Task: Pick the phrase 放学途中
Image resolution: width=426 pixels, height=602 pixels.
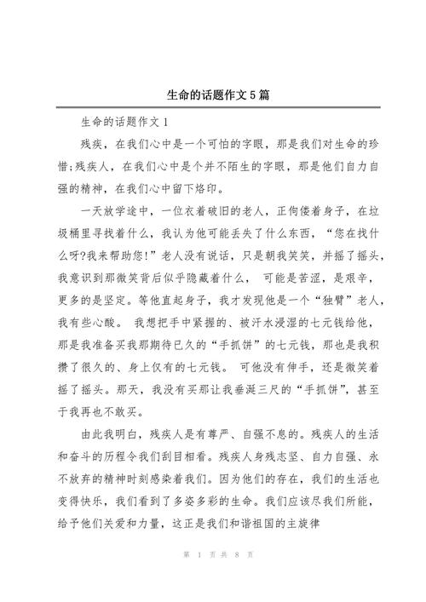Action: (x=131, y=209)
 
